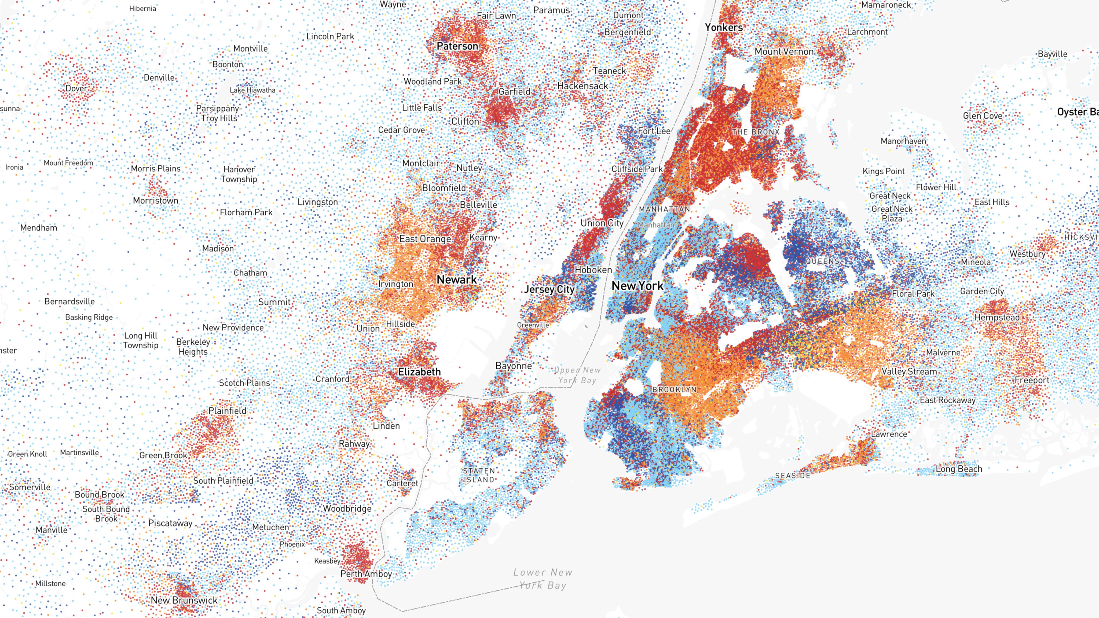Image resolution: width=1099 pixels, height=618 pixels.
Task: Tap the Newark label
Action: click(456, 280)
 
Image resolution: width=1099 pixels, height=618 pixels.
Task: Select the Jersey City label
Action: click(549, 289)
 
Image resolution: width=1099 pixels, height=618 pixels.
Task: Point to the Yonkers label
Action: click(724, 27)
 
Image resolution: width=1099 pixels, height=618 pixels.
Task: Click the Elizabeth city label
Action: click(419, 372)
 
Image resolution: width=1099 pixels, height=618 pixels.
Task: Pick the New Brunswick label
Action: click(184, 600)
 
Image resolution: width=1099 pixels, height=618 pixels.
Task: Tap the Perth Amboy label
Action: click(366, 574)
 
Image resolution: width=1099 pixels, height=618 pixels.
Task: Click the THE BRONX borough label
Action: click(756, 132)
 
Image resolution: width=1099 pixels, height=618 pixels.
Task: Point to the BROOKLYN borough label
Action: click(674, 389)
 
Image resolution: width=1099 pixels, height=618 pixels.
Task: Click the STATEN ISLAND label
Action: click(479, 475)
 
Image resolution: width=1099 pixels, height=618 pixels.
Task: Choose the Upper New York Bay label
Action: click(577, 375)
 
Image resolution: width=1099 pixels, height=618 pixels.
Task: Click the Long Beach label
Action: click(959, 469)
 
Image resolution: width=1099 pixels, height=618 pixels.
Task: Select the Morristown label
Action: click(155, 200)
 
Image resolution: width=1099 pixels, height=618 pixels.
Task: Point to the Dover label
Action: click(76, 88)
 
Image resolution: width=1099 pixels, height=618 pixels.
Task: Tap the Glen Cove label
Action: click(982, 116)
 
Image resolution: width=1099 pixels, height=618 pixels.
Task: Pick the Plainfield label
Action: click(227, 411)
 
